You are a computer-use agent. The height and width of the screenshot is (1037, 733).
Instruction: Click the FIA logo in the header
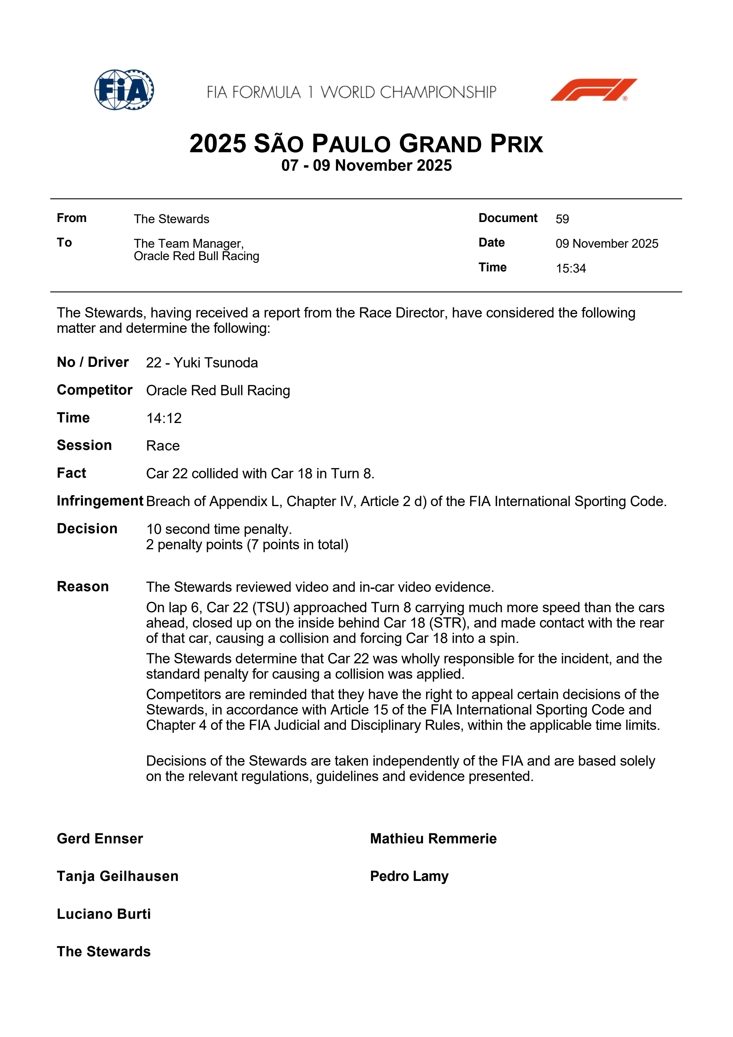click(x=124, y=90)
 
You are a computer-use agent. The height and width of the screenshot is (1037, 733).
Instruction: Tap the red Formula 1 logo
click(x=593, y=90)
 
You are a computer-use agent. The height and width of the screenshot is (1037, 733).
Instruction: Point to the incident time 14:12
click(x=164, y=418)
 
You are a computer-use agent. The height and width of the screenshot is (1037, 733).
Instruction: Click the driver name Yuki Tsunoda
click(x=216, y=363)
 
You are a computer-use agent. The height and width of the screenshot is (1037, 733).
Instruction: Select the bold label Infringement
click(x=100, y=501)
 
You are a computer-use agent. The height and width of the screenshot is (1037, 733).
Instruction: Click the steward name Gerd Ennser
click(x=100, y=839)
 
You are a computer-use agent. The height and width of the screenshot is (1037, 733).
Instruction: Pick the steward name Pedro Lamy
click(x=409, y=876)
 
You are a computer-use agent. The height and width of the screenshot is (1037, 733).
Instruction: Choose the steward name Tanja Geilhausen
click(x=117, y=876)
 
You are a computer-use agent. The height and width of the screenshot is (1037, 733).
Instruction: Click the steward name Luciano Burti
click(x=104, y=914)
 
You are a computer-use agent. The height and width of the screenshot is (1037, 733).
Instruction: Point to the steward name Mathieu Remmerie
click(x=433, y=839)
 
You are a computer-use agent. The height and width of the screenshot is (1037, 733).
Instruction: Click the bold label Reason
click(x=83, y=587)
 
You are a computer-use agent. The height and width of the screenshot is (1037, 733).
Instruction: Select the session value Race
click(x=163, y=446)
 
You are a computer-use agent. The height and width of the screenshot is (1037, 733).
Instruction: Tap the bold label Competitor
click(x=94, y=390)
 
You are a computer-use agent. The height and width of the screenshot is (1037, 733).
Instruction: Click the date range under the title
click(x=366, y=165)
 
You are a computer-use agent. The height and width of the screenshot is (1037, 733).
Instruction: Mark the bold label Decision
click(x=87, y=529)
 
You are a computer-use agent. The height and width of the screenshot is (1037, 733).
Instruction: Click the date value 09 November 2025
click(x=606, y=244)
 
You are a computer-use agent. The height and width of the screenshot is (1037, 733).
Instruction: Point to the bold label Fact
click(x=71, y=473)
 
